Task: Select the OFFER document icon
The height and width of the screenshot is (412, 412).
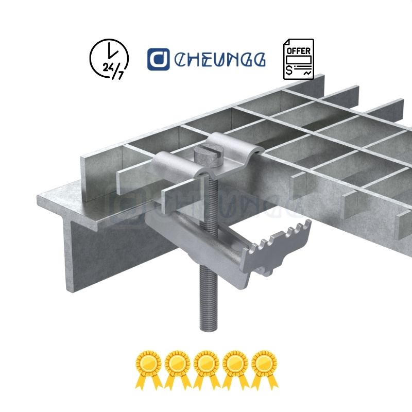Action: (298, 59)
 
